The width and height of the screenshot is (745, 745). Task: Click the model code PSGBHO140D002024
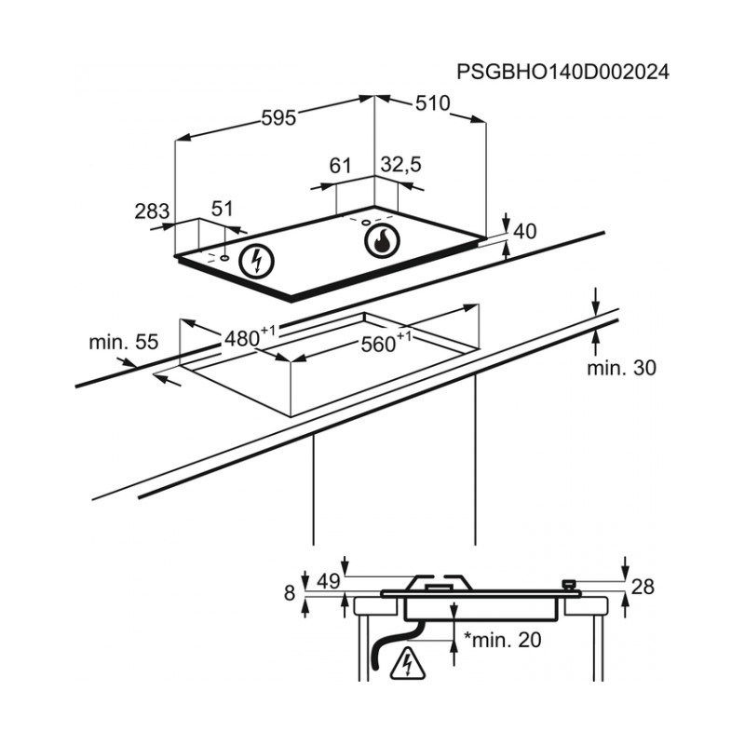tap(563, 73)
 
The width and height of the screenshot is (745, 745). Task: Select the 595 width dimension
tap(278, 118)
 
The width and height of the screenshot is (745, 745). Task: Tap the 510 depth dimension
tap(432, 103)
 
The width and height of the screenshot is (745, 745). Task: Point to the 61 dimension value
tap(340, 166)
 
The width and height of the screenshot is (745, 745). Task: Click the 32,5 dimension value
tap(401, 165)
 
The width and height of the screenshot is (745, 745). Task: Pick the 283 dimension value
tap(152, 211)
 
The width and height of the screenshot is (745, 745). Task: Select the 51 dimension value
tap(222, 209)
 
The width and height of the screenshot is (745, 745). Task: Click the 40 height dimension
tap(525, 231)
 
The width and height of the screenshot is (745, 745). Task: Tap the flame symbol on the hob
tap(382, 241)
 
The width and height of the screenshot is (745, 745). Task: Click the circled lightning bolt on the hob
tap(257, 262)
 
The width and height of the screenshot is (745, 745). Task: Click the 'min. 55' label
tap(124, 342)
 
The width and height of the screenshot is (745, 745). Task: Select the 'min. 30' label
tap(621, 368)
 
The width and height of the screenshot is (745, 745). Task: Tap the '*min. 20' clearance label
tap(503, 640)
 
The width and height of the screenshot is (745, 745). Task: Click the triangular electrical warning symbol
tap(407, 663)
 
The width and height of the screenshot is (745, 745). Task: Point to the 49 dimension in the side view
tap(329, 581)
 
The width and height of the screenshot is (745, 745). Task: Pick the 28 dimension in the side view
tap(643, 588)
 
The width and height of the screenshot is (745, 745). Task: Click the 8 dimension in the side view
tap(290, 593)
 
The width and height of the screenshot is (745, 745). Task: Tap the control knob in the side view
tap(570, 586)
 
